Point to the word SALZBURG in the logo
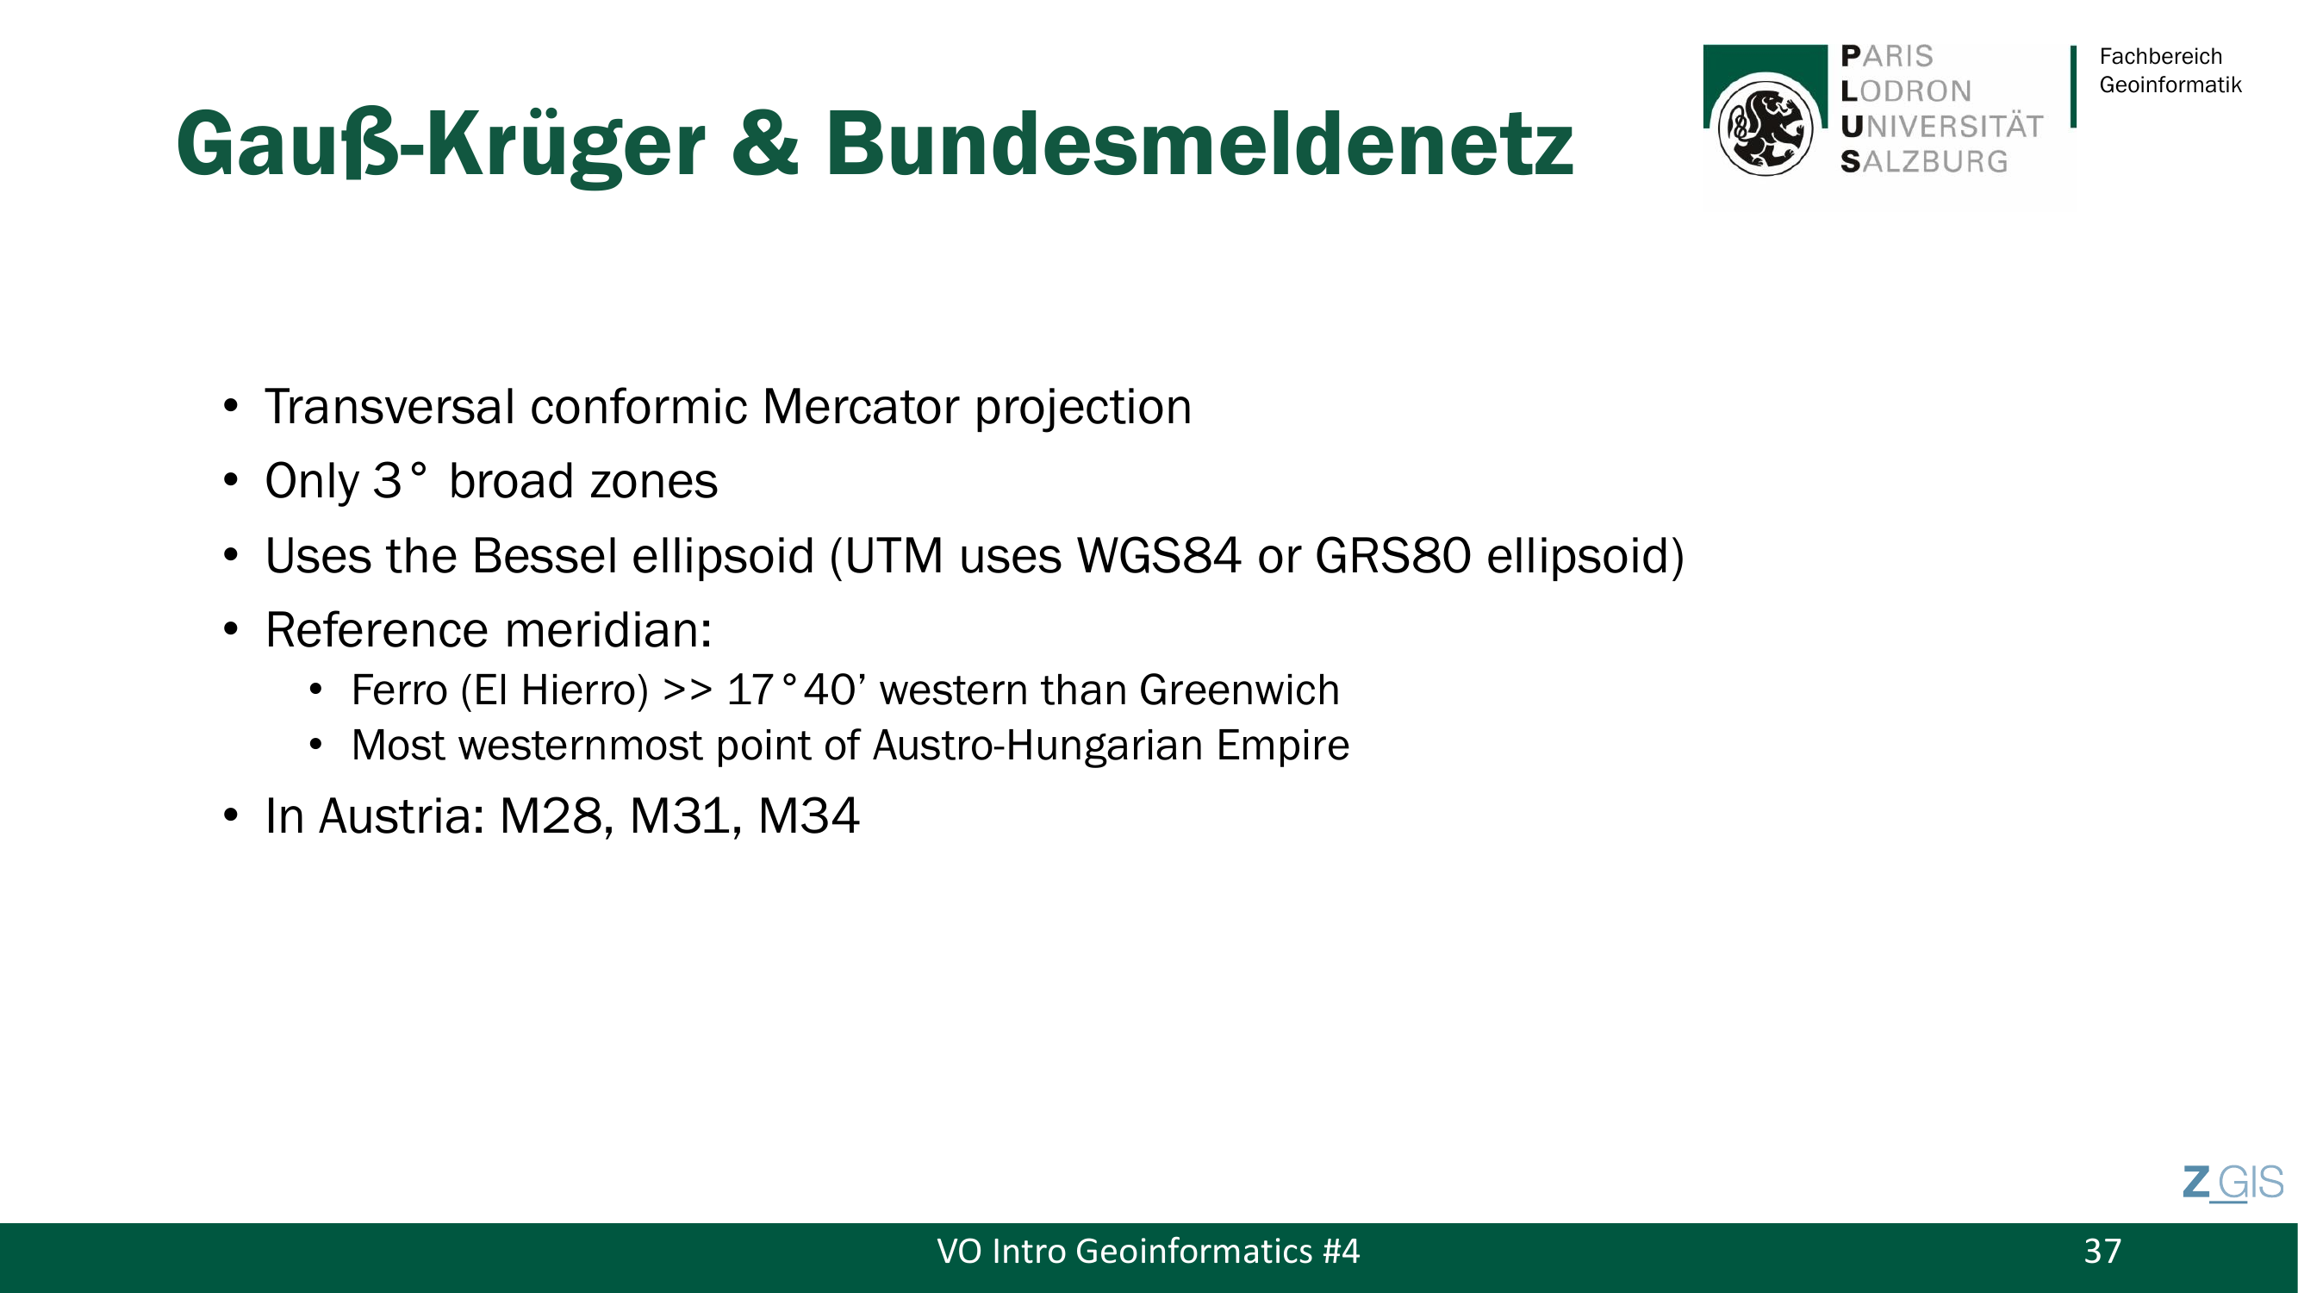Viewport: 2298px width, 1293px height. pyautogui.click(x=1924, y=161)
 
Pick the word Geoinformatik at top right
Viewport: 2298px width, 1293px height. pyautogui.click(x=2170, y=84)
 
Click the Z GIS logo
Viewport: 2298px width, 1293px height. pyautogui.click(x=2233, y=1184)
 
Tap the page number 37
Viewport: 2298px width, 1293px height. pyautogui.click(x=2102, y=1251)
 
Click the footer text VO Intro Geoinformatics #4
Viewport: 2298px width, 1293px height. pyautogui.click(x=1148, y=1251)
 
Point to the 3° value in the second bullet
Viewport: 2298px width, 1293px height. pyautogui.click(x=400, y=481)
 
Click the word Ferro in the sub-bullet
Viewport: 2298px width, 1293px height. pyautogui.click(x=399, y=690)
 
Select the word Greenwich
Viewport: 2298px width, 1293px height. pyautogui.click(x=1239, y=690)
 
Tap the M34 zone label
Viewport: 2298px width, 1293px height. pyautogui.click(x=808, y=815)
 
